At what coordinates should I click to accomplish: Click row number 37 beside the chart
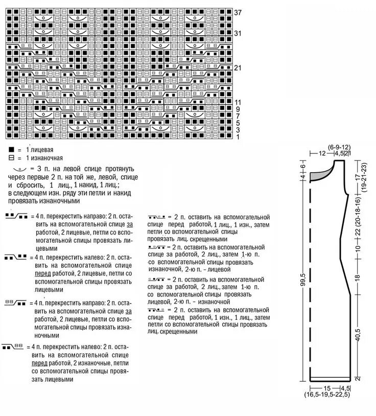click(238, 12)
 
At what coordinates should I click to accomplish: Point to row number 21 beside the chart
click(238, 68)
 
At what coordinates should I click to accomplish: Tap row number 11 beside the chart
click(238, 103)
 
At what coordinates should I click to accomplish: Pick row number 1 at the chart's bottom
click(238, 137)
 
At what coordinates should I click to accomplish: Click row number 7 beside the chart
click(238, 117)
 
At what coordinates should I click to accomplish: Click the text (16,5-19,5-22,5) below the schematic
click(329, 394)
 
